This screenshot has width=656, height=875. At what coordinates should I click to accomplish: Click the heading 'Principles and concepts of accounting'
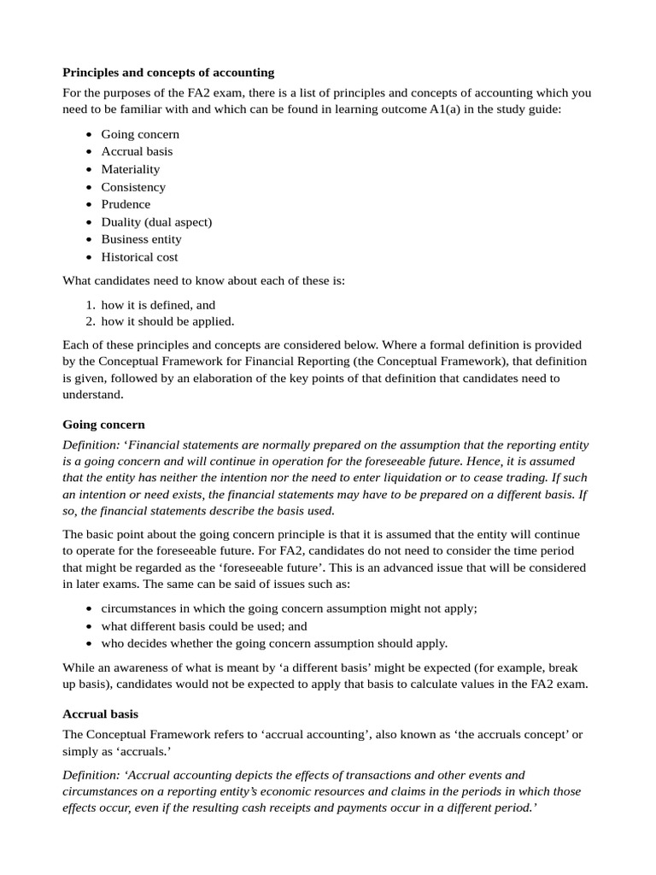tap(168, 73)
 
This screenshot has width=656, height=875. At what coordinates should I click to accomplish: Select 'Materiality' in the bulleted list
tap(130, 169)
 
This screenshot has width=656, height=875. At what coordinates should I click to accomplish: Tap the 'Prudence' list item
tap(126, 204)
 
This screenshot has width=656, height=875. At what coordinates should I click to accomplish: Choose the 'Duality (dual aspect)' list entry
tap(156, 222)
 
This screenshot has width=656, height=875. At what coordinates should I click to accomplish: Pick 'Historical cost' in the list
tap(139, 257)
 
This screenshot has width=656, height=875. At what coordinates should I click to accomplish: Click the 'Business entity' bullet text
tap(141, 239)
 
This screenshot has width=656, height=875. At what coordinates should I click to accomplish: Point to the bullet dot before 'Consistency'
tap(90, 187)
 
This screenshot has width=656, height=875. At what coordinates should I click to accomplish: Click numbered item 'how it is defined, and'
tap(158, 304)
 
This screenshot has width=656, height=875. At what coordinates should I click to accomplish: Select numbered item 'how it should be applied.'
tap(167, 322)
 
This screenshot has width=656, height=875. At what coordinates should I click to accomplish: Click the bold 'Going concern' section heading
tap(103, 425)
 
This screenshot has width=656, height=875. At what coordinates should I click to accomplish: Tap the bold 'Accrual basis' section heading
tap(100, 714)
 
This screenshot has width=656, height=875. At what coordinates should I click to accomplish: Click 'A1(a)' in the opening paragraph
tap(448, 110)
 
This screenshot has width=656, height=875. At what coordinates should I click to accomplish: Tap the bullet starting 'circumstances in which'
tap(289, 608)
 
